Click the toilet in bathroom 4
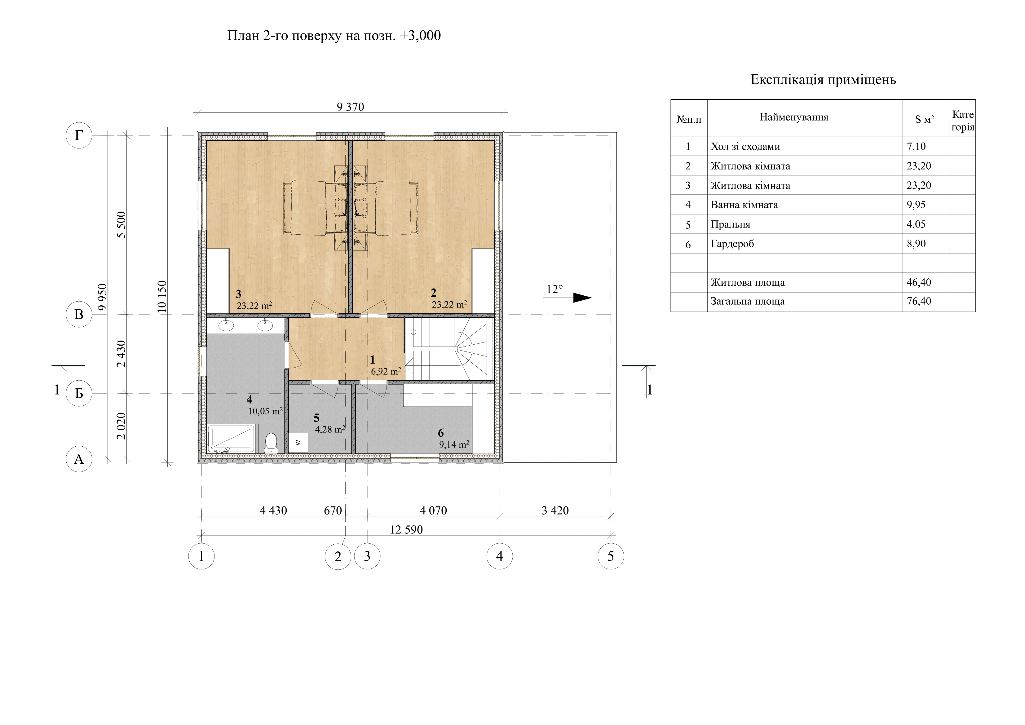[271, 443]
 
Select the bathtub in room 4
[231, 439]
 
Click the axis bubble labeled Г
[79, 135]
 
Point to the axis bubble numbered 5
[611, 556]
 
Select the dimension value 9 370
[351, 107]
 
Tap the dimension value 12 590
[406, 530]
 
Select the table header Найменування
[794, 117]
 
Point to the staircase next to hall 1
[449, 349]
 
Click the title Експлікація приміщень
[823, 80]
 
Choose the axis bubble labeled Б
[79, 393]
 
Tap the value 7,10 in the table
[916, 146]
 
